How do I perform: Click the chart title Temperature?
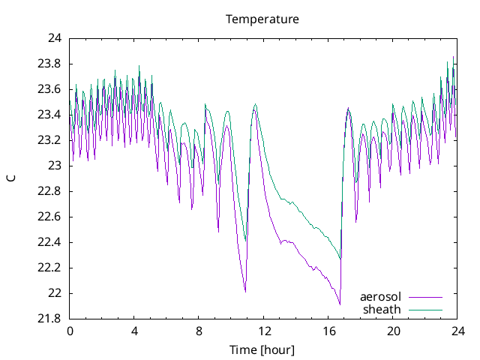[262, 19]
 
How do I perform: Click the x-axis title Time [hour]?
[262, 349]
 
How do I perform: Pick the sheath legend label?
[382, 309]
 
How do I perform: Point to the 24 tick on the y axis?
[55, 38]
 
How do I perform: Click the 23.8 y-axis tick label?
[50, 64]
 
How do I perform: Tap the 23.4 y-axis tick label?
[50, 115]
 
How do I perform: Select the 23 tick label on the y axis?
[55, 166]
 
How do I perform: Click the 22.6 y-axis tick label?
[50, 217]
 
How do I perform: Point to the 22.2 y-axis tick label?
[50, 268]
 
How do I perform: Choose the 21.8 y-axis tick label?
[50, 319]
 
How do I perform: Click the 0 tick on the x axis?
[70, 331]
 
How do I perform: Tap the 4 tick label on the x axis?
[134, 331]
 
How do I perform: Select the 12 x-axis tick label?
[264, 331]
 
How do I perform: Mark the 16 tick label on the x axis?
[328, 331]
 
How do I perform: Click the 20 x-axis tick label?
[393, 331]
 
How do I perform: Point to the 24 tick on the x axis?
[457, 331]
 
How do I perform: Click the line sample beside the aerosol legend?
[425, 297]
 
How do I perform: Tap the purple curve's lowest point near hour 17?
[340, 304]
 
